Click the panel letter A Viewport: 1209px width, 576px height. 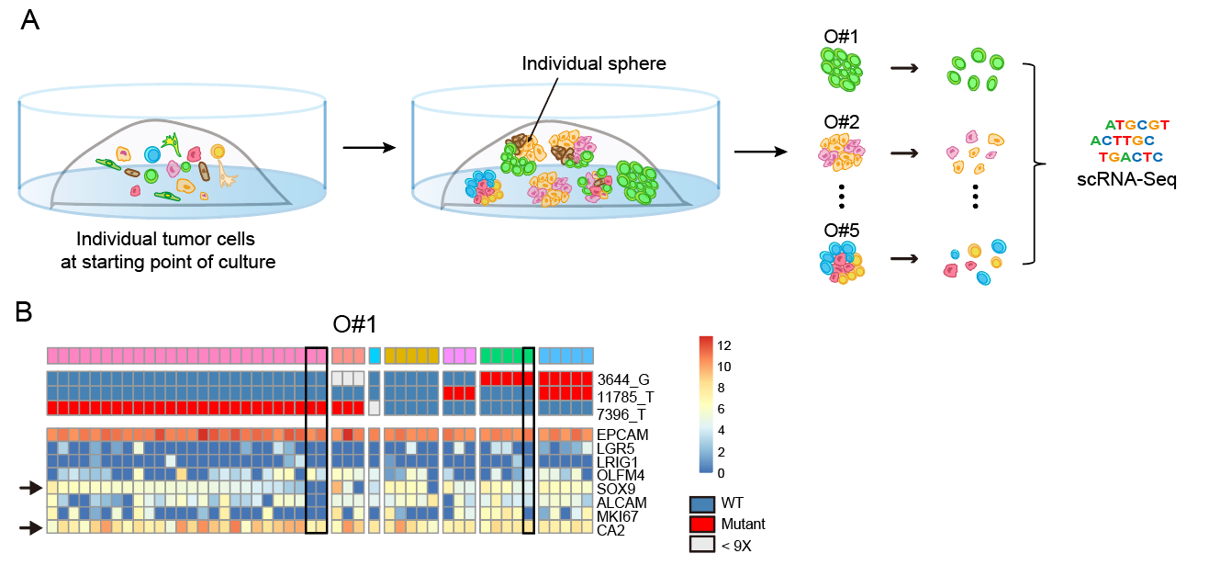click(x=29, y=20)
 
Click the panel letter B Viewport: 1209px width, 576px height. click(x=24, y=312)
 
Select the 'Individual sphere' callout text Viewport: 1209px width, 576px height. click(x=594, y=63)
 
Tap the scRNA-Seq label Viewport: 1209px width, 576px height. click(x=1126, y=179)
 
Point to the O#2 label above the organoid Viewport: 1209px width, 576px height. click(x=842, y=122)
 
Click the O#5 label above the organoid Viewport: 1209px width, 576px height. click(x=842, y=231)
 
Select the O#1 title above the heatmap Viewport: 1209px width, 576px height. click(x=354, y=324)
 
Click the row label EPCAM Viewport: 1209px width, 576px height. click(x=622, y=435)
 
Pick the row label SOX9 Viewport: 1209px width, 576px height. click(x=616, y=489)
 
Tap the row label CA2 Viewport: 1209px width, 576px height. click(x=610, y=530)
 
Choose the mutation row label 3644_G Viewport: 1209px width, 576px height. click(x=622, y=379)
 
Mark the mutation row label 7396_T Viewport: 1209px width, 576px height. click(x=621, y=414)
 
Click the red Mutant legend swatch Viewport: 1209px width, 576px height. click(x=702, y=525)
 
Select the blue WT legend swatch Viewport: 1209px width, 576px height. click(x=702, y=503)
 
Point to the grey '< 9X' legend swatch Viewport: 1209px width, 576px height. click(x=702, y=544)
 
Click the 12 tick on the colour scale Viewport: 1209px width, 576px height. click(x=723, y=345)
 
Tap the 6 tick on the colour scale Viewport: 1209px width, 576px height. click(x=721, y=409)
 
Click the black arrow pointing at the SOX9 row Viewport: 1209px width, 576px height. click(x=31, y=488)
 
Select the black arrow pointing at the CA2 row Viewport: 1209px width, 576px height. click(x=31, y=527)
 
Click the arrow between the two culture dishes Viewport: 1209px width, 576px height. click(x=369, y=147)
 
